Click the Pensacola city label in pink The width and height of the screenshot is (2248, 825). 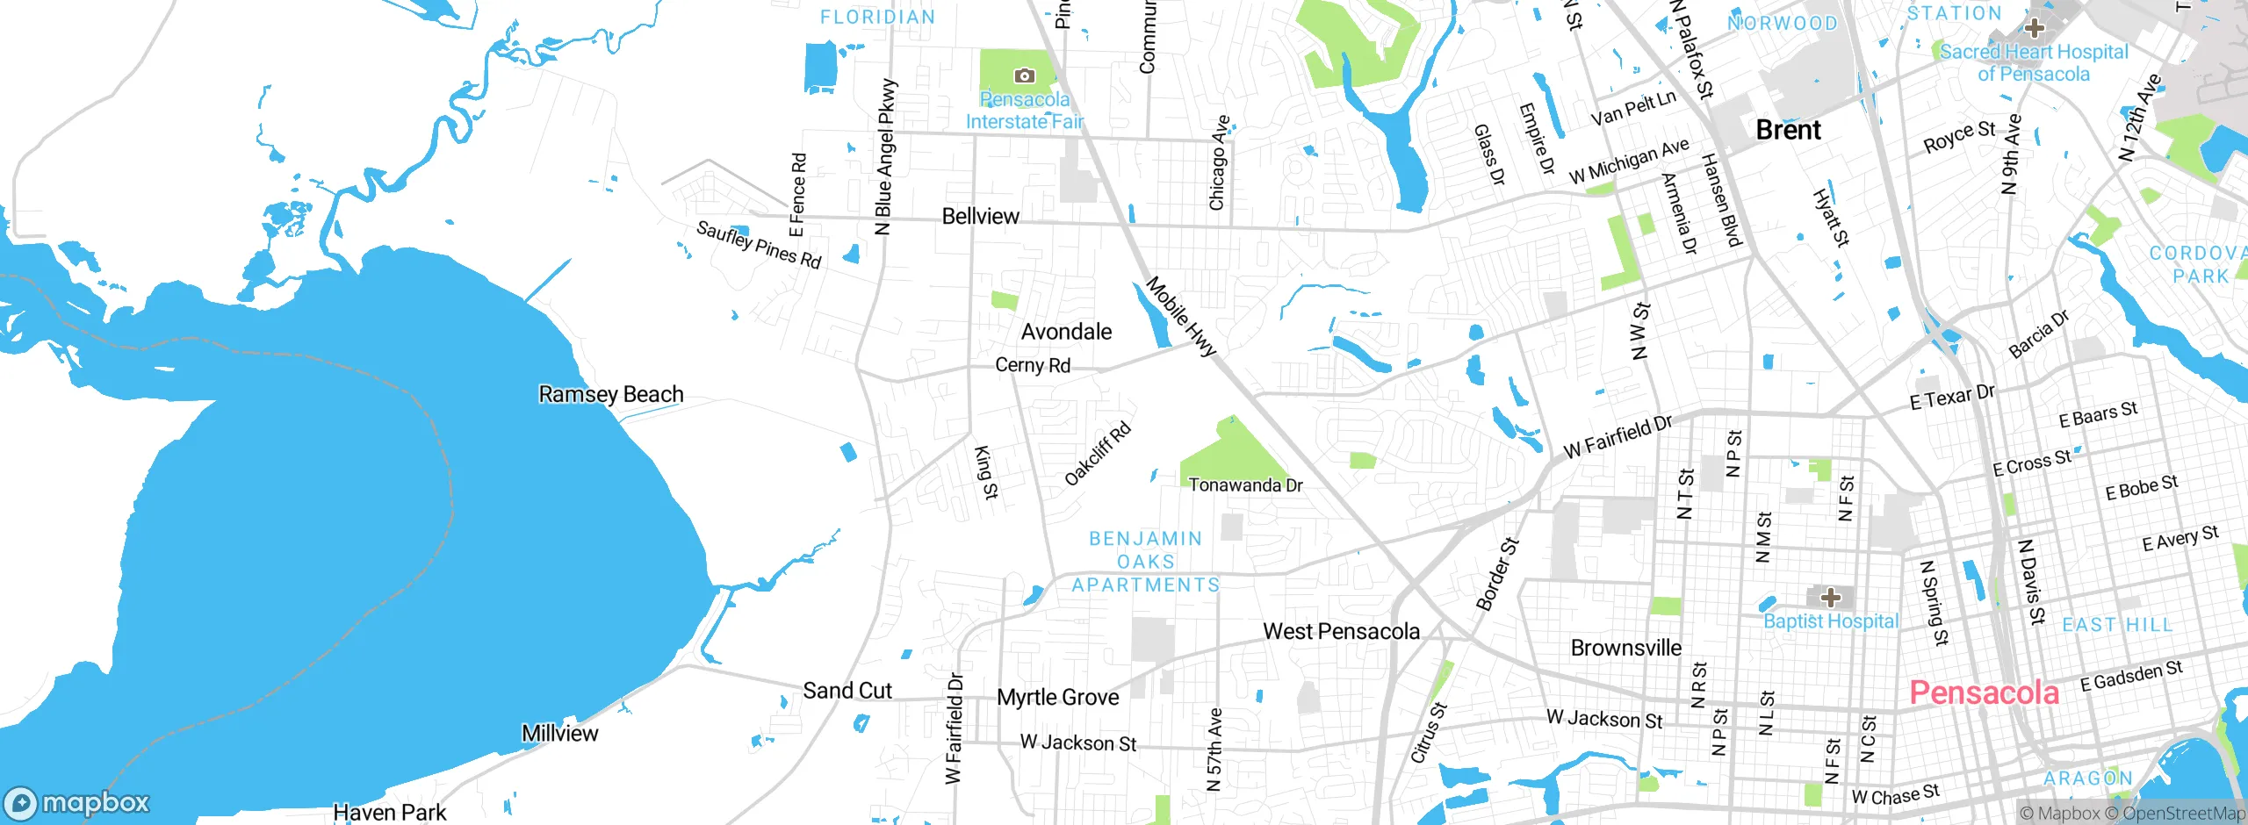click(x=1984, y=692)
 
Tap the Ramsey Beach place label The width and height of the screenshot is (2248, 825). click(x=610, y=394)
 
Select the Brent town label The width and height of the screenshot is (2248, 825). click(x=1788, y=130)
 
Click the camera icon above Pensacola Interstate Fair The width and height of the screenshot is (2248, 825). click(x=1024, y=76)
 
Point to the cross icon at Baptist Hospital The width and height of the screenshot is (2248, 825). click(x=1830, y=599)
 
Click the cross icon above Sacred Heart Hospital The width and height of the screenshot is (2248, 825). click(x=2034, y=28)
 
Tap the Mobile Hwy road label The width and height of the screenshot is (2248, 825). click(x=1181, y=316)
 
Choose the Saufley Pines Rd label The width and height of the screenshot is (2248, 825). click(x=759, y=244)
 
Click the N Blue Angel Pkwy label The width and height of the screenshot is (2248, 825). click(x=885, y=157)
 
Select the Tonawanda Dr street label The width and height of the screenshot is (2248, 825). click(x=1245, y=484)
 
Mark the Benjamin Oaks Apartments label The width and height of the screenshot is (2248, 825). click(x=1145, y=562)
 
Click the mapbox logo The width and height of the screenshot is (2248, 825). click(x=77, y=803)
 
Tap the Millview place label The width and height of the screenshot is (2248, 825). click(x=559, y=733)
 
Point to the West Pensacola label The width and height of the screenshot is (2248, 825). click(x=1341, y=631)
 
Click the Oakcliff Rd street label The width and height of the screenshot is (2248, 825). click(x=1098, y=454)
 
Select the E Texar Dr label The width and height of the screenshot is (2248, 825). click(x=1952, y=397)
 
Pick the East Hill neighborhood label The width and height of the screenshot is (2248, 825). click(x=2116, y=625)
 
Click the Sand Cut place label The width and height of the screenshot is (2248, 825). click(x=847, y=691)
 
